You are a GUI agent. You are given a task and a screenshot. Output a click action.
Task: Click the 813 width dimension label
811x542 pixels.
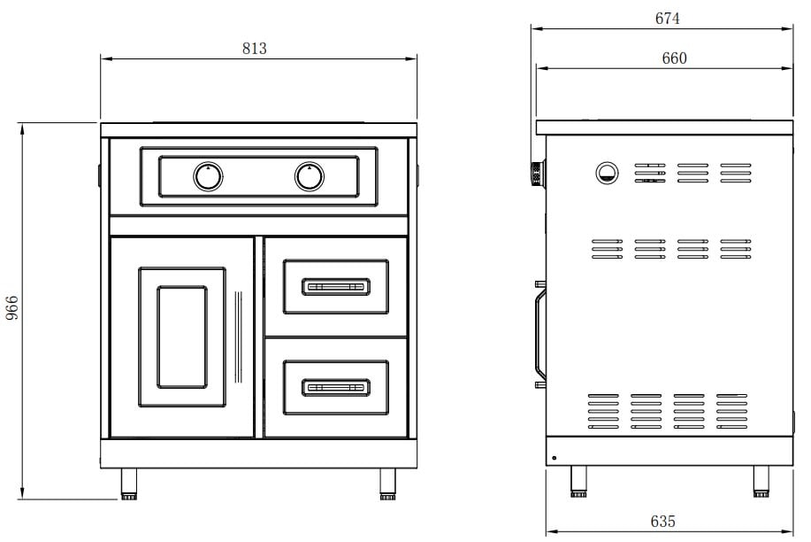coord(255,48)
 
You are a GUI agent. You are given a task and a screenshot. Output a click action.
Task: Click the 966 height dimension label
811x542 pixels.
coord(11,308)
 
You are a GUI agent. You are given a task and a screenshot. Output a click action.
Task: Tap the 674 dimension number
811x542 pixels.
coord(667,18)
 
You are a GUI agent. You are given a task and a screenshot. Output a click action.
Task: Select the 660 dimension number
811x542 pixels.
coord(675,58)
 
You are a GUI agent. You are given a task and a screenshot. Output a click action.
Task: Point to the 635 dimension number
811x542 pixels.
coord(663,521)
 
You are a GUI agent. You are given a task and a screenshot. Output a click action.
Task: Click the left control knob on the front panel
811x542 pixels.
coord(208,177)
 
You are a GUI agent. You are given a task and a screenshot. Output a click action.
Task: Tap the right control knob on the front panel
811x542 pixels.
coord(310,177)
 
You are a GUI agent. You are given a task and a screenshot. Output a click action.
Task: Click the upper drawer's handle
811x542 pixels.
coord(336,287)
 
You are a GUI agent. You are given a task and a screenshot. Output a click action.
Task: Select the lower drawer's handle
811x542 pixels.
coord(336,388)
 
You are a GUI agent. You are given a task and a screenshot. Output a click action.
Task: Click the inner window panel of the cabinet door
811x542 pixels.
coord(182,337)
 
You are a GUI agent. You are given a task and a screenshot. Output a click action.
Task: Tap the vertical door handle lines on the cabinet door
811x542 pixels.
coord(239,337)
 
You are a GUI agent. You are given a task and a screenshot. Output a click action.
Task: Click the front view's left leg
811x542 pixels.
coord(129,484)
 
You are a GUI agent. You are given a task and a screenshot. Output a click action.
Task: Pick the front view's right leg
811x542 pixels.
coord(387,484)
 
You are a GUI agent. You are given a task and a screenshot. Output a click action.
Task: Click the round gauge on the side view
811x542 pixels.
coord(607,173)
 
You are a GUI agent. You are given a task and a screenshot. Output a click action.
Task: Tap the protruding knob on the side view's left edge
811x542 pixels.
coord(539,173)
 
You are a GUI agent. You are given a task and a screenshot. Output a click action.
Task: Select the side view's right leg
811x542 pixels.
coord(761,482)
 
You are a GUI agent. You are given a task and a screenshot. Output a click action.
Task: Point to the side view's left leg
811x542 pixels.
coord(578,482)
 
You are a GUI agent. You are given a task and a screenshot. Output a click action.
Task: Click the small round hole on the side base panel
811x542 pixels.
coord(554,458)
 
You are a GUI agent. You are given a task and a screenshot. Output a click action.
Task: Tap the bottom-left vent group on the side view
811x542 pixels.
coord(603,412)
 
